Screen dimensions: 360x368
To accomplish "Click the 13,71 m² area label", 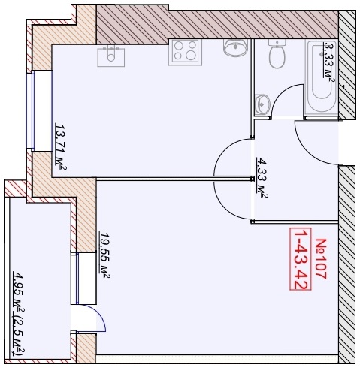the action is [61, 146].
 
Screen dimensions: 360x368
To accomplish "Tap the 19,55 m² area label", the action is [105, 255].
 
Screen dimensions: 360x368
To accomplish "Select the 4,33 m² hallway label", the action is [262, 178].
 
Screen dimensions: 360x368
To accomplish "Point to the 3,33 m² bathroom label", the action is [329, 62].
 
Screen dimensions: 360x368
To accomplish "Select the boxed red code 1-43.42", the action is [301, 259].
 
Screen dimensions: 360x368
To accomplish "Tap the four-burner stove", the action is [185, 52].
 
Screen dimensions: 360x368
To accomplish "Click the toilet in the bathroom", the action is [277, 54].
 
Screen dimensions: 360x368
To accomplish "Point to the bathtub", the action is [322, 78].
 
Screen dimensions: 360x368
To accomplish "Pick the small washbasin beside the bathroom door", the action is [262, 104].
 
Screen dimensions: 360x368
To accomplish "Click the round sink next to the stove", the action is [235, 47].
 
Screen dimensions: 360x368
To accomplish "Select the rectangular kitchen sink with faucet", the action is [111, 56].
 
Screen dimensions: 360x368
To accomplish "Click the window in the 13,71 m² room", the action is [30, 110].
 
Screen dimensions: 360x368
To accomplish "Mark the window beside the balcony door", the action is [77, 278].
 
